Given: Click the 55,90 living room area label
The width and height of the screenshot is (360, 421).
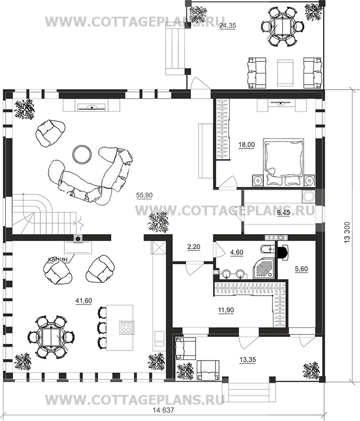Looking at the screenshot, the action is pyautogui.click(x=144, y=195).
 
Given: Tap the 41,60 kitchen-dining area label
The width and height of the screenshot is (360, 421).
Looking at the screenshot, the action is pyautogui.click(x=84, y=301).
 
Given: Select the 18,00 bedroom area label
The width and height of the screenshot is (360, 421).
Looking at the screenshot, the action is pyautogui.click(x=246, y=145).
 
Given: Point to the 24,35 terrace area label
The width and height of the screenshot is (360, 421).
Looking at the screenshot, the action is pyautogui.click(x=228, y=26).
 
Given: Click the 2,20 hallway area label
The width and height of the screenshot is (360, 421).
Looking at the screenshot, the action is pyautogui.click(x=193, y=246).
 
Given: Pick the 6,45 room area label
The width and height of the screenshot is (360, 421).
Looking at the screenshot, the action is pyautogui.click(x=283, y=214).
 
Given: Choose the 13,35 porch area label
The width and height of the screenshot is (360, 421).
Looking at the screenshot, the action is pyautogui.click(x=248, y=360).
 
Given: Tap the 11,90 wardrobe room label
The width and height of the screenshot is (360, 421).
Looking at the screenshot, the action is pyautogui.click(x=226, y=310).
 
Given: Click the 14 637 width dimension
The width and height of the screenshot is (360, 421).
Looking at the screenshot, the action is pyautogui.click(x=163, y=410).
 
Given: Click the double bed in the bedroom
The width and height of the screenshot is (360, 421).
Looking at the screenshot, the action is pyautogui.click(x=284, y=162).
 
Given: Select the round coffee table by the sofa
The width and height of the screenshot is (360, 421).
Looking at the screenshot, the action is pyautogui.click(x=82, y=154).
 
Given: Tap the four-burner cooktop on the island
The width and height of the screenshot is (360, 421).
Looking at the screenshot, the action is pyautogui.click(x=126, y=327).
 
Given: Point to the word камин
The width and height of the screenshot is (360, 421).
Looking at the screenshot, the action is pyautogui.click(x=57, y=259).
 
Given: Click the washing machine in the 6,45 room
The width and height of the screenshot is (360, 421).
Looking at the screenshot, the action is pyautogui.click(x=309, y=196).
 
